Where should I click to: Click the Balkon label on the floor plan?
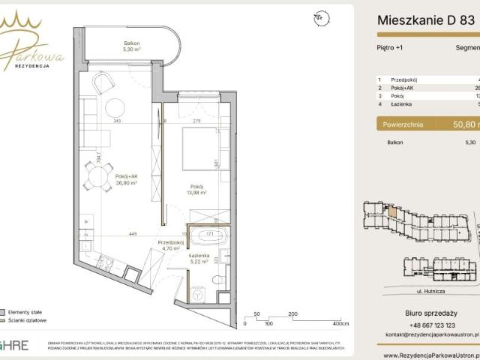pyautogui.click(x=132, y=43)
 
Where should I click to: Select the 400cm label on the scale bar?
pyautogui.click(x=341, y=324)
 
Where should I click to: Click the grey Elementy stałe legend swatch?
pyautogui.click(x=4, y=311)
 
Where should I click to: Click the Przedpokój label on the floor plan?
pyautogui.click(x=171, y=242)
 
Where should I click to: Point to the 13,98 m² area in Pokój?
pyautogui.click(x=197, y=192)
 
